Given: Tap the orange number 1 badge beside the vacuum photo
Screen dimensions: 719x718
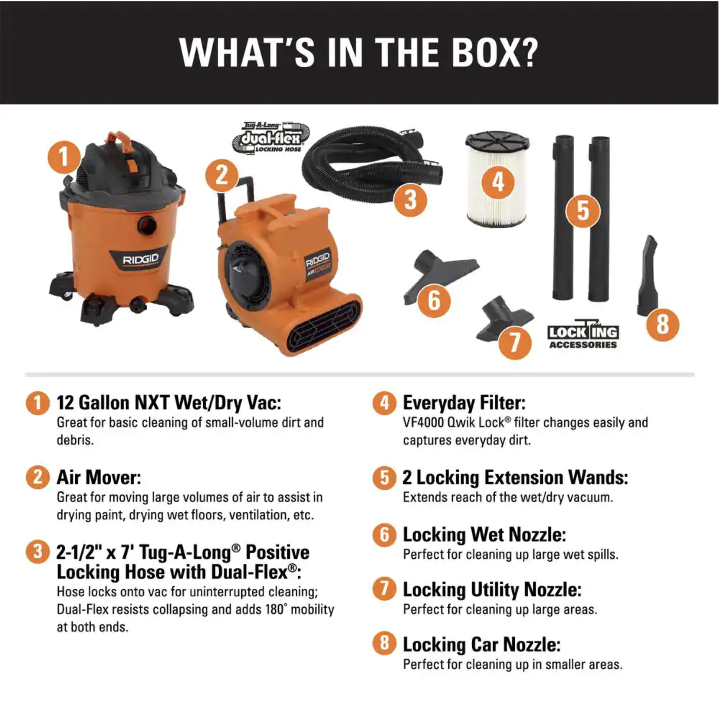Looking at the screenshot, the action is click(64, 157).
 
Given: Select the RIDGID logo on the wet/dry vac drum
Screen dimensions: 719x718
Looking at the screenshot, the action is click(140, 260).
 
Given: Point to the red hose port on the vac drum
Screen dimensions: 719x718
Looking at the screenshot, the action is click(147, 225).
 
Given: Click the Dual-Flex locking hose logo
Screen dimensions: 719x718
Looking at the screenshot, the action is click(271, 138).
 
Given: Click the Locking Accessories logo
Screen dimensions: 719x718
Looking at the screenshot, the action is click(583, 334).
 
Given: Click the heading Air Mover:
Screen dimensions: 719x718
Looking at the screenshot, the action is click(99, 477).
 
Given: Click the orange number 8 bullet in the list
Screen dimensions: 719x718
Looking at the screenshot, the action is click(384, 643).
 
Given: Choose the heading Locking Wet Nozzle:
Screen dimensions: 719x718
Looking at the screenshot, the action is click(484, 534).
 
